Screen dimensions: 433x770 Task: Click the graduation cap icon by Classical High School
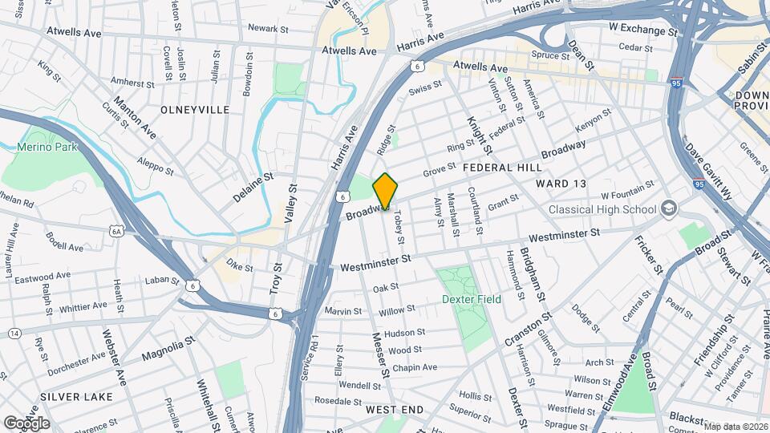(x=668, y=209)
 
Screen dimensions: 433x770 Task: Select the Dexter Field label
(x=472, y=299)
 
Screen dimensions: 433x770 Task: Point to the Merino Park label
(x=49, y=147)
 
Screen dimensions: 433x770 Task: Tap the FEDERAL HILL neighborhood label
(x=503, y=168)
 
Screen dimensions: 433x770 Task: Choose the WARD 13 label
(x=561, y=184)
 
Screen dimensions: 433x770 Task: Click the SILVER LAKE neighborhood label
(x=74, y=397)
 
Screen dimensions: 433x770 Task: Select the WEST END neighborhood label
(x=395, y=410)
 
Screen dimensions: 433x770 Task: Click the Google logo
(x=26, y=423)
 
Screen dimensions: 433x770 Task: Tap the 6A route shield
(x=117, y=232)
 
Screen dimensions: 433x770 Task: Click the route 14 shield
(x=14, y=333)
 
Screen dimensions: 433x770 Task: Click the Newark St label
(x=268, y=29)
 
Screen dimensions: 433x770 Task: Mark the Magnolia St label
(x=168, y=350)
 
